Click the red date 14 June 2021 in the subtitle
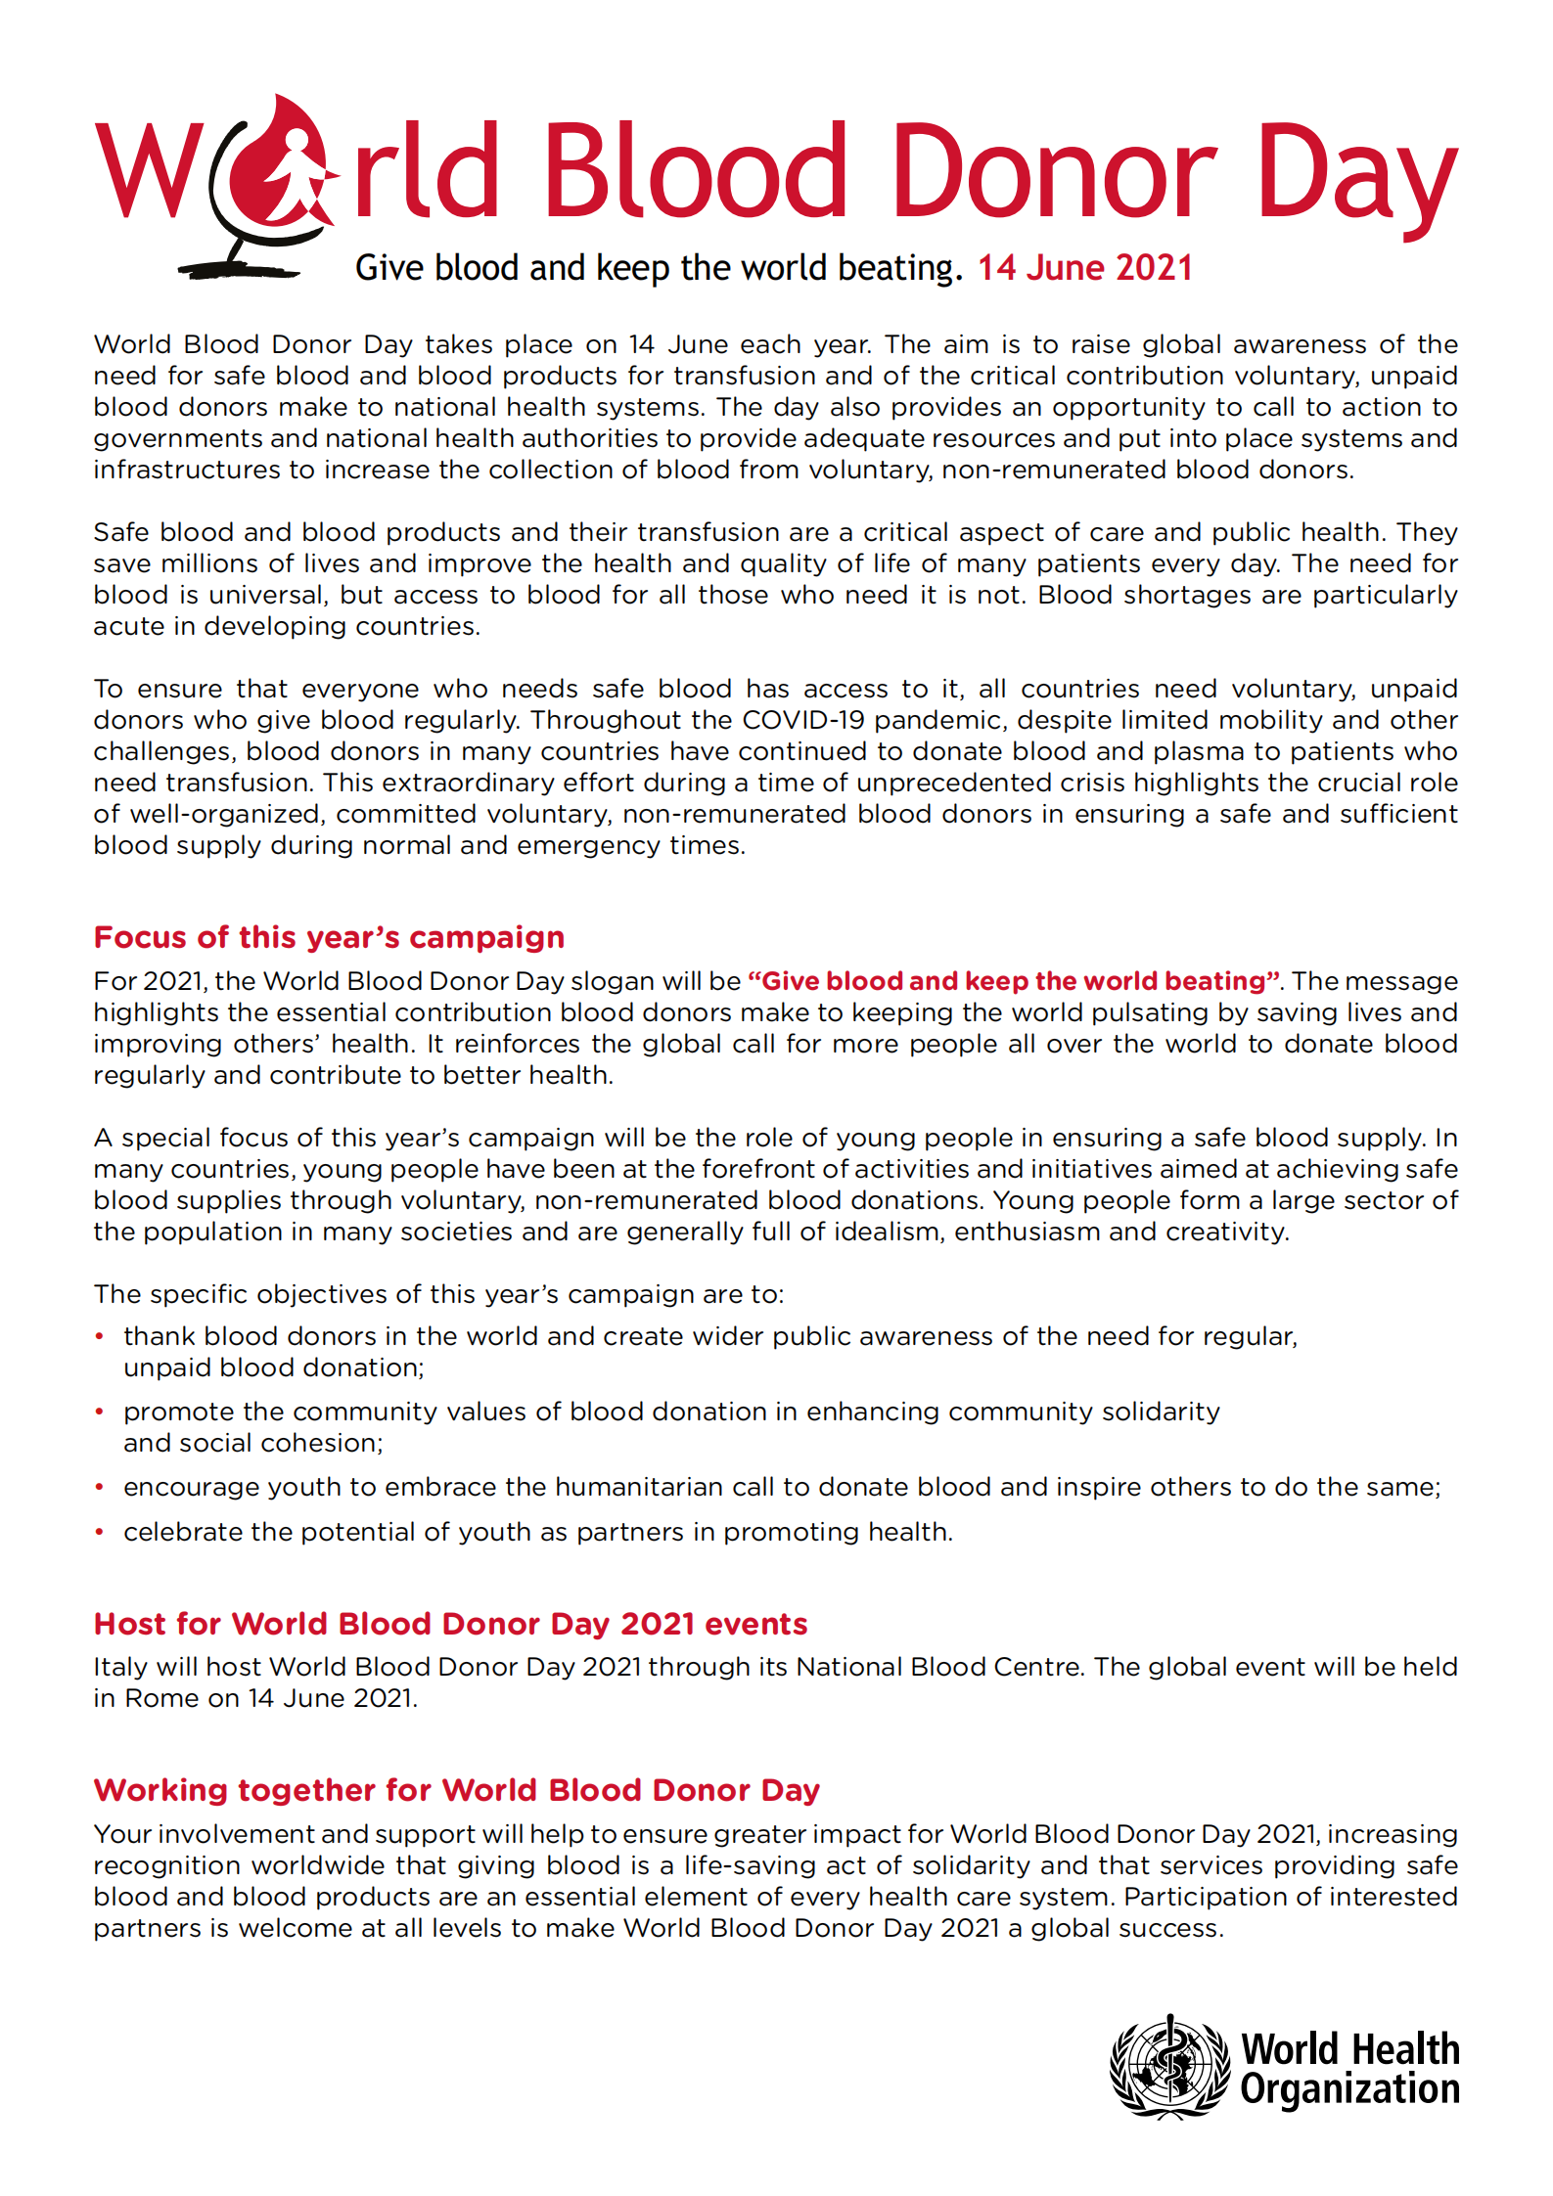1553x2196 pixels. click(x=1085, y=268)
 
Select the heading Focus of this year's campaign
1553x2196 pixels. click(x=329, y=937)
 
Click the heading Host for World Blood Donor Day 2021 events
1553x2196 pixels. click(x=450, y=1624)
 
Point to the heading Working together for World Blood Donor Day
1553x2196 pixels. click(x=456, y=1790)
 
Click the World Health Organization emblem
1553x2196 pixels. click(x=1168, y=2066)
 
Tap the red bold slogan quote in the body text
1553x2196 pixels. click(x=1014, y=981)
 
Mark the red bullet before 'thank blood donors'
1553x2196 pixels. click(x=99, y=1337)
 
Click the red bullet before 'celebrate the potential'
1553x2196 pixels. click(x=99, y=1532)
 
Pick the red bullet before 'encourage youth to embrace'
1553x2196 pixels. click(x=99, y=1488)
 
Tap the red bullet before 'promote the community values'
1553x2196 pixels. click(x=99, y=1412)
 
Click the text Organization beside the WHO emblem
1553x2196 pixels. click(x=1349, y=2089)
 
